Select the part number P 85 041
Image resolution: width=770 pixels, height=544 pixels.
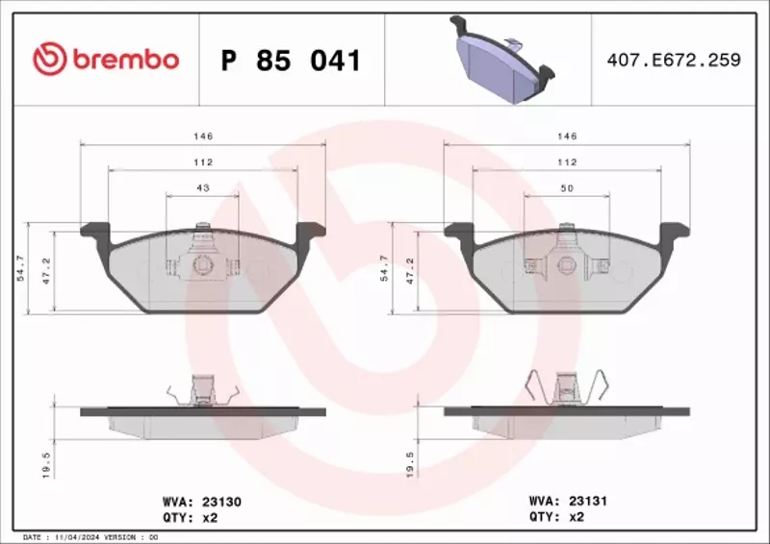tap(291, 61)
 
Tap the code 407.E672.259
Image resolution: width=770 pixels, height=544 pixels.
tap(673, 60)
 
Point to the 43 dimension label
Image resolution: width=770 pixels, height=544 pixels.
tap(203, 188)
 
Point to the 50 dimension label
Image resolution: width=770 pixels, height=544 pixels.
tap(567, 188)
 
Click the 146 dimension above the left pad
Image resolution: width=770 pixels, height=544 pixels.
tap(203, 136)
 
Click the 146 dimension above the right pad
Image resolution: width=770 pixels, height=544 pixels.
tap(567, 136)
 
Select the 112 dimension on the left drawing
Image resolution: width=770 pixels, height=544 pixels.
tap(203, 162)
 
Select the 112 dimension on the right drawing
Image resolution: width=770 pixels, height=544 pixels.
tap(567, 162)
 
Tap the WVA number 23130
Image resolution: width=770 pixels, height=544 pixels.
tap(221, 501)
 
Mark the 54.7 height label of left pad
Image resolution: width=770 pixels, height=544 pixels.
tap(20, 268)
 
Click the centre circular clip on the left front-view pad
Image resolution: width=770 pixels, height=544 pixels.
tap(203, 264)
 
